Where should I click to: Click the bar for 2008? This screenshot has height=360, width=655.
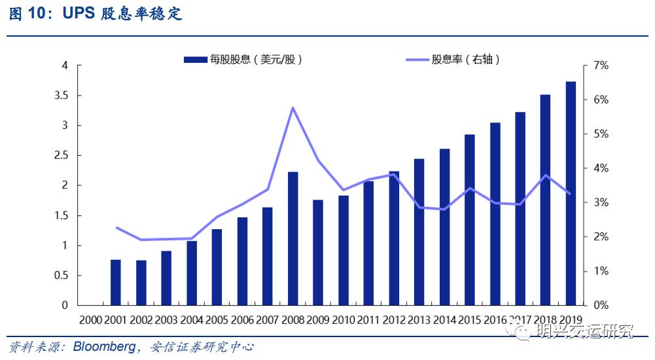[293, 239]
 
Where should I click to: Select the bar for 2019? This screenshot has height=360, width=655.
[571, 194]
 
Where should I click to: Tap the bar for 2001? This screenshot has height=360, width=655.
[116, 282]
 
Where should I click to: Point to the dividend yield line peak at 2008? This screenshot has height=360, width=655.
[292, 107]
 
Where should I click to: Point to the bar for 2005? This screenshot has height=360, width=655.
[217, 267]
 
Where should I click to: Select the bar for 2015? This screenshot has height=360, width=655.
[470, 220]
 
